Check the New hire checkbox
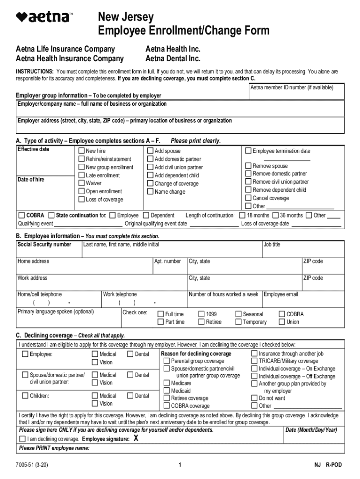tap(81, 151)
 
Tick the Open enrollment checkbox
tap(81, 191)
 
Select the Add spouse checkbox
tap(151, 151)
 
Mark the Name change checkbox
tap(151, 191)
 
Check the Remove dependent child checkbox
tap(248, 190)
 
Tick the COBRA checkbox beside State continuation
tap(22, 215)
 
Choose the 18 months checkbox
tap(242, 215)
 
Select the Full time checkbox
tap(161, 314)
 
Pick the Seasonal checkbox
tap(238, 314)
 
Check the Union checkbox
tap(282, 322)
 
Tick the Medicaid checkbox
tap(166, 391)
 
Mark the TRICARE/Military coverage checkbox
tap(254, 361)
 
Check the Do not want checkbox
tap(254, 398)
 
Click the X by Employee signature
tap(136, 438)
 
